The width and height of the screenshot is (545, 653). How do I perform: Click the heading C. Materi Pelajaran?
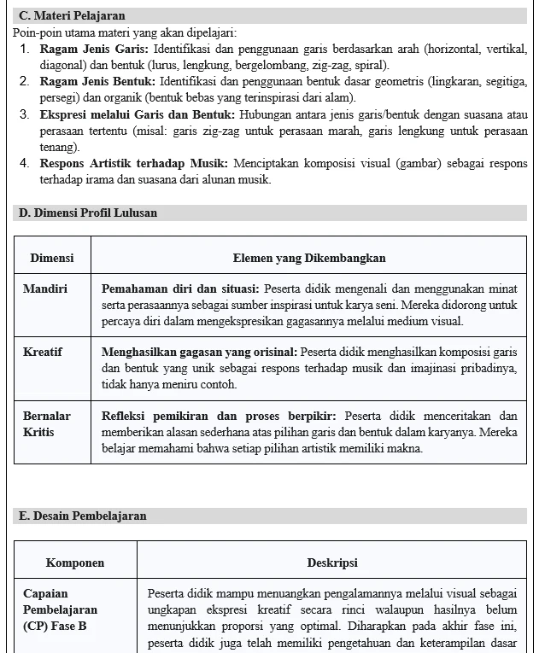(72, 16)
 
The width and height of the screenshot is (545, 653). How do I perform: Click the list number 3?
(25, 114)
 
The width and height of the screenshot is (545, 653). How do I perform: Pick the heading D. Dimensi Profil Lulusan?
(88, 213)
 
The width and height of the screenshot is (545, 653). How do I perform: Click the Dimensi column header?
(52, 257)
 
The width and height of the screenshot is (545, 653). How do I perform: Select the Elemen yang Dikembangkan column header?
(309, 257)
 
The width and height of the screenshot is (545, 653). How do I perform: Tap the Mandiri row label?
(45, 289)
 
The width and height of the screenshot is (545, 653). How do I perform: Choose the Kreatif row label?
(43, 351)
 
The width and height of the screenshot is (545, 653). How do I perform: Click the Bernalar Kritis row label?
(47, 424)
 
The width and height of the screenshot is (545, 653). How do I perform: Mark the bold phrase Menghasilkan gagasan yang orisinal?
(199, 351)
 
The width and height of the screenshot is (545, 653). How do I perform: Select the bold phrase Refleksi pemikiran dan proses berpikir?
(220, 416)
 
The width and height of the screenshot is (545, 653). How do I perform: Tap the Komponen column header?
(75, 563)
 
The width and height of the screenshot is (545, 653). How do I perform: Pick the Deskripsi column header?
(332, 563)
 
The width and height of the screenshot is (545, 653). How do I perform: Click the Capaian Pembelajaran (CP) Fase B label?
(61, 609)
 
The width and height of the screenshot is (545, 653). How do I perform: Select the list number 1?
(25, 49)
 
